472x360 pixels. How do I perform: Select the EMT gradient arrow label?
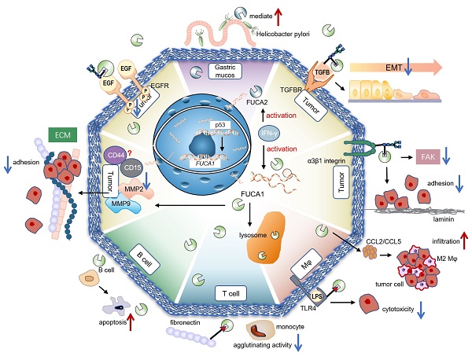(416, 69)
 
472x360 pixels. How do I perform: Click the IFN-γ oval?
(267, 134)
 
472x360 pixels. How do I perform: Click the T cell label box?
(232, 292)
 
